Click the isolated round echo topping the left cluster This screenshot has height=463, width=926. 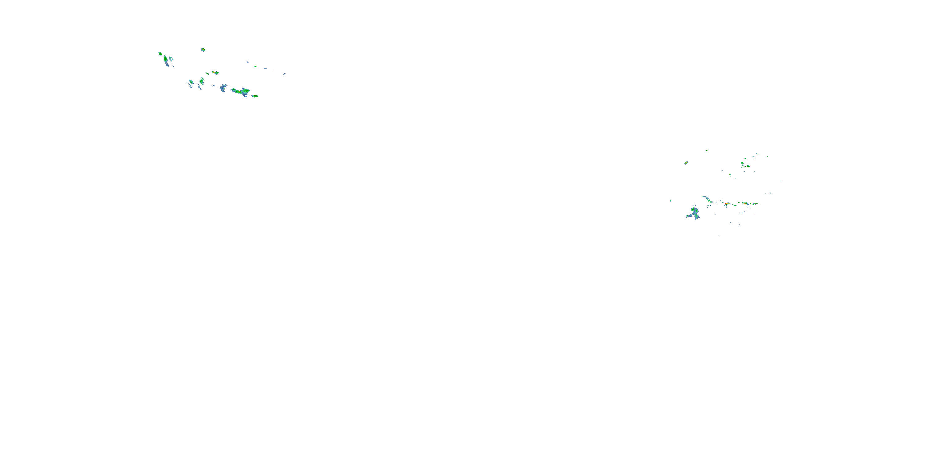pyautogui.click(x=203, y=50)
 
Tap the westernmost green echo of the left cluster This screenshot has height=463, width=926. pyautogui.click(x=160, y=54)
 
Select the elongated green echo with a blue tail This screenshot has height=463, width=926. pyautogui.click(x=166, y=59)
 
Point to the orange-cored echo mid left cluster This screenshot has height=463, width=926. pyautogui.click(x=215, y=73)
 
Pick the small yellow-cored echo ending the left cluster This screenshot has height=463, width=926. pyautogui.click(x=255, y=96)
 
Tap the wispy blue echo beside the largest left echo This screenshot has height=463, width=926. pyautogui.click(x=223, y=87)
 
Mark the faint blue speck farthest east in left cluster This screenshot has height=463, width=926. pyautogui.click(x=284, y=74)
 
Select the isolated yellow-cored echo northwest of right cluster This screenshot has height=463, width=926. pyautogui.click(x=686, y=163)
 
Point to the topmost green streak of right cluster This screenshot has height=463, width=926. pyautogui.click(x=707, y=150)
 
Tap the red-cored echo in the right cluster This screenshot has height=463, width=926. pyautogui.click(x=727, y=204)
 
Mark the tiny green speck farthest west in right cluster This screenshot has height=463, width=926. pyautogui.click(x=670, y=201)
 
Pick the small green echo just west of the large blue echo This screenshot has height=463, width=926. pyautogui.click(x=687, y=216)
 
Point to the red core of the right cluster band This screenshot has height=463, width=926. pyautogui.click(x=727, y=204)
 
